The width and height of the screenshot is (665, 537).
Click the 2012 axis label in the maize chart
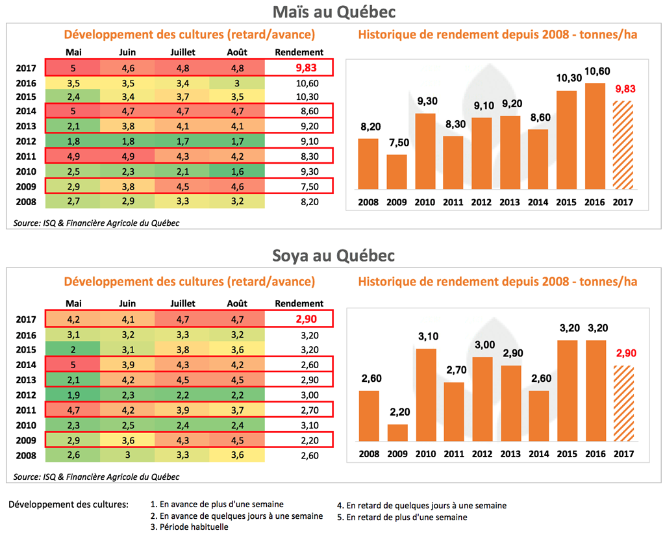[481, 203]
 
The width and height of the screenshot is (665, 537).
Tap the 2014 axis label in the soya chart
[538, 453]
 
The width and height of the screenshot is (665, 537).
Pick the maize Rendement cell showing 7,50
[299, 187]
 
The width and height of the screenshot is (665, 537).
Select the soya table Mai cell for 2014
[73, 364]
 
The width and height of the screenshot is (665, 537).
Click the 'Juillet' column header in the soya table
[182, 303]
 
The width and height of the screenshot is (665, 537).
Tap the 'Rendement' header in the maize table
[299, 52]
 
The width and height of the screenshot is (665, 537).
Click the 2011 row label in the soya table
[26, 409]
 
